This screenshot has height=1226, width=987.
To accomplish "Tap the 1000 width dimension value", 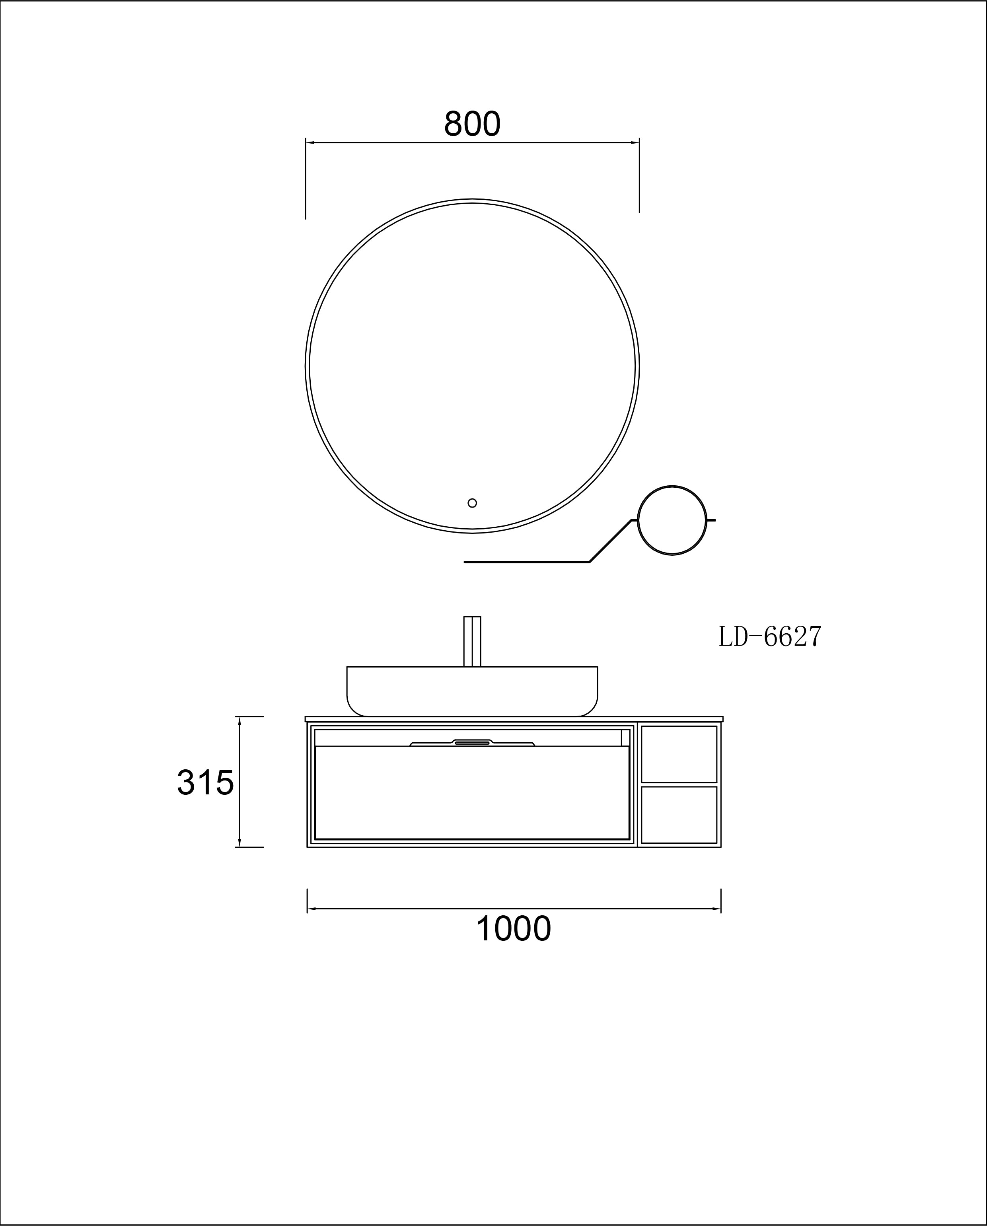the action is pyautogui.click(x=514, y=929).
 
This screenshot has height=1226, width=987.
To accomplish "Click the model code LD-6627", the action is pyautogui.click(x=770, y=637).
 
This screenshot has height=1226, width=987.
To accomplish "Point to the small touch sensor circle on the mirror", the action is pyautogui.click(x=472, y=503).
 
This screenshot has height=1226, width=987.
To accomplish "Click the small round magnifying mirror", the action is pyautogui.click(x=672, y=520).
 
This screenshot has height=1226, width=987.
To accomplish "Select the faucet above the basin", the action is pyautogui.click(x=473, y=641).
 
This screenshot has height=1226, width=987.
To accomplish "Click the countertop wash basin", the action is pyautogui.click(x=473, y=691).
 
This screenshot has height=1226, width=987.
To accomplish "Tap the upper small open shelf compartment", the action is pyautogui.click(x=679, y=754).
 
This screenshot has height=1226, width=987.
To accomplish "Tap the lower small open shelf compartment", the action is pyautogui.click(x=679, y=815).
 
